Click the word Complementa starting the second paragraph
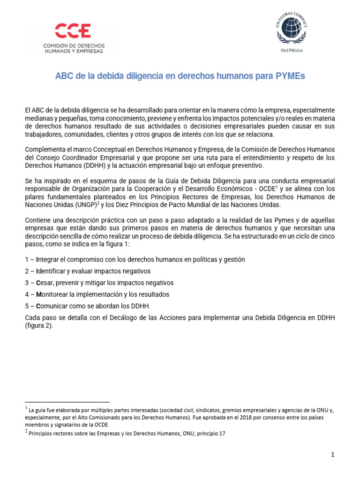coord(45,150)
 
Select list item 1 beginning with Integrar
coord(135,259)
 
